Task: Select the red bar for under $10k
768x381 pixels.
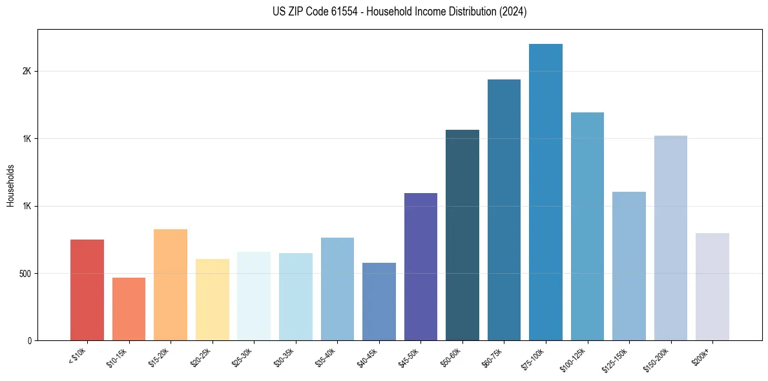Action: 87,290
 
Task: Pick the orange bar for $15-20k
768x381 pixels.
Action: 171,285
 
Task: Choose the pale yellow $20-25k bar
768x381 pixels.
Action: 213,300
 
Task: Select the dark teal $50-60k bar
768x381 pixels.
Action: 462,235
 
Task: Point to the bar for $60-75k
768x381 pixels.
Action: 504,210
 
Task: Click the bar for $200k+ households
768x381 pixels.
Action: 712,287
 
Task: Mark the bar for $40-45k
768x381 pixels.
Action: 379,302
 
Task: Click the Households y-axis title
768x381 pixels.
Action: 10,185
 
